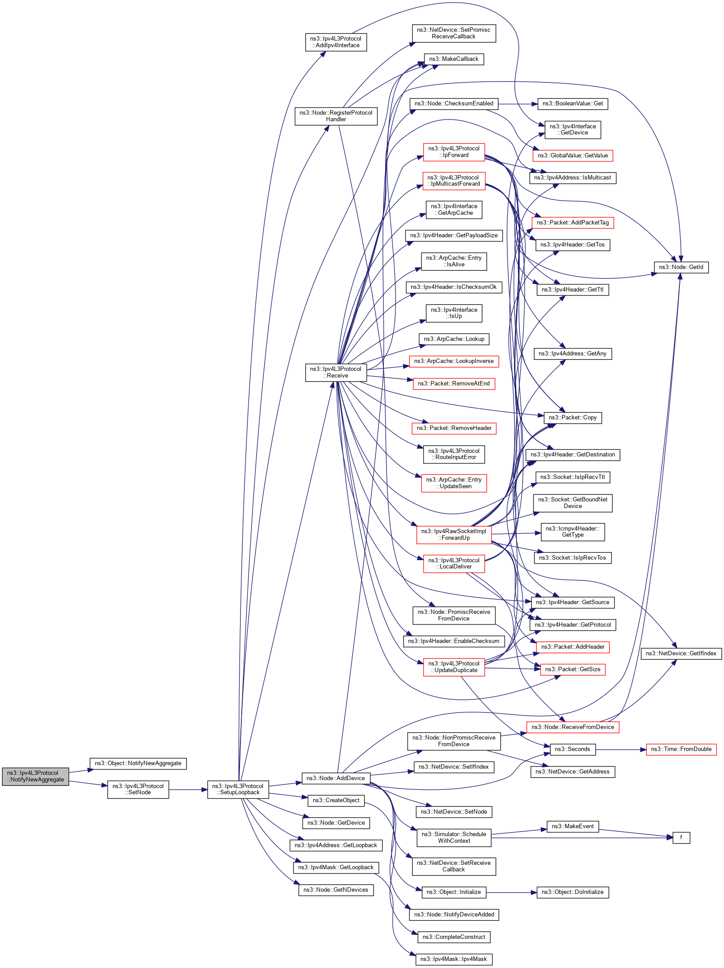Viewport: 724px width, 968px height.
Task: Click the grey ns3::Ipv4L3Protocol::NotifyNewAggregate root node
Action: point(35,776)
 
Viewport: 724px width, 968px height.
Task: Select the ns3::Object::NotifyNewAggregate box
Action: point(138,763)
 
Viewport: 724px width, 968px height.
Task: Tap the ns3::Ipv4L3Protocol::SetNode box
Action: point(138,789)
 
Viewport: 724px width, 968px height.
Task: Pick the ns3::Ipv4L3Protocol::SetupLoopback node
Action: point(238,789)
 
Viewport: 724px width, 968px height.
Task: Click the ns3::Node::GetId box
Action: point(681,267)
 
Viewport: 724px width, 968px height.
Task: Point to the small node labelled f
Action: point(681,837)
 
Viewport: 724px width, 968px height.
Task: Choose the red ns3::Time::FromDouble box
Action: point(681,749)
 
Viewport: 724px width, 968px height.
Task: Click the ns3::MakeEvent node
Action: point(572,826)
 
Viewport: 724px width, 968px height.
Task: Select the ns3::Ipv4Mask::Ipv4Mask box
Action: point(454,959)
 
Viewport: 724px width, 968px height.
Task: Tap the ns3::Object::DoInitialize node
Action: point(572,892)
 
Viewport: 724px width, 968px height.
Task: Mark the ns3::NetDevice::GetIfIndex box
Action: point(681,654)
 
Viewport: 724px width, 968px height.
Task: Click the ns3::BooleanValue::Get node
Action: point(572,104)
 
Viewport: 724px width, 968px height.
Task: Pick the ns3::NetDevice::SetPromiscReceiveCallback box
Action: point(454,34)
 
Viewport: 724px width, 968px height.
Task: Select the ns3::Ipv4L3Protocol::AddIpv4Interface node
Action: point(336,42)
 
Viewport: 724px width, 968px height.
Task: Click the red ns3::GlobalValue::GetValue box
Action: point(572,156)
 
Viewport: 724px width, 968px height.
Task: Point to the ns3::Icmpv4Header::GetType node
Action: point(572,532)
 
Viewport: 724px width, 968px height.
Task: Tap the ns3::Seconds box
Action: point(572,749)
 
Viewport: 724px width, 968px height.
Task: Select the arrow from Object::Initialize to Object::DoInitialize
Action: point(511,892)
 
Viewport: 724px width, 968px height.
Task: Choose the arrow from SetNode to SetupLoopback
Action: point(188,789)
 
